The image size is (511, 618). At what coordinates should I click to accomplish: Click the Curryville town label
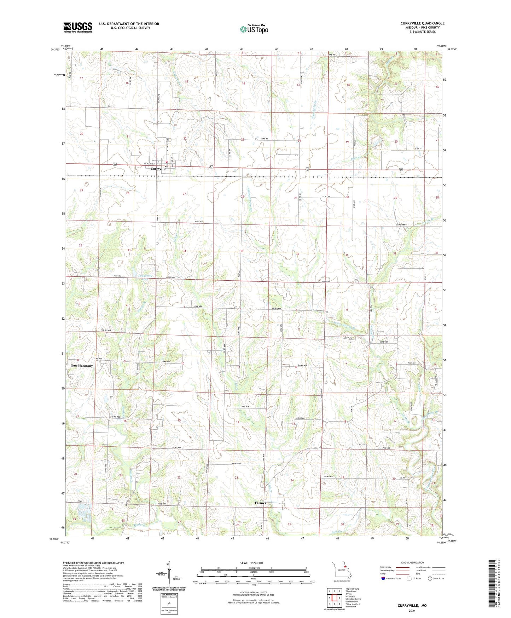pyautogui.click(x=158, y=169)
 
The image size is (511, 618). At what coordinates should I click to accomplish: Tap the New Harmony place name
pyautogui.click(x=82, y=366)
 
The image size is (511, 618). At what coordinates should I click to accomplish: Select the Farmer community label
pyautogui.click(x=260, y=503)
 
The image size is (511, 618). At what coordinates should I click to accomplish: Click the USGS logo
pyautogui.click(x=78, y=27)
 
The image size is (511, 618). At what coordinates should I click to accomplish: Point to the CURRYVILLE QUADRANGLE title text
pyautogui.click(x=422, y=23)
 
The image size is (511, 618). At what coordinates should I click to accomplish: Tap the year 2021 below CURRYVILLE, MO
pyautogui.click(x=412, y=611)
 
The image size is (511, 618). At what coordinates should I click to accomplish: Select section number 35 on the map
pyautogui.click(x=242, y=251)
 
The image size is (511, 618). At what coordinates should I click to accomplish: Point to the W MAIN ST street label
pyautogui.click(x=150, y=164)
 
